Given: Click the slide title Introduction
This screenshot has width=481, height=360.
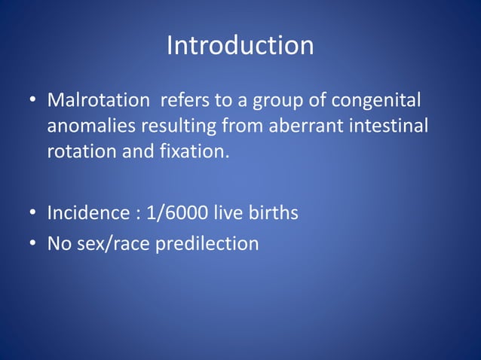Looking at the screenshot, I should click(x=240, y=45).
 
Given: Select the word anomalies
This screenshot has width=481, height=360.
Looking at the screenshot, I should click(x=91, y=126).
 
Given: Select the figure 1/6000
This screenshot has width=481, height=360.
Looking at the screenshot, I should click(x=173, y=213).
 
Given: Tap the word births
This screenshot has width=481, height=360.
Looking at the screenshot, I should click(x=271, y=213).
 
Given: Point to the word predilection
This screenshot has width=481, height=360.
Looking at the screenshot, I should click(x=207, y=244).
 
